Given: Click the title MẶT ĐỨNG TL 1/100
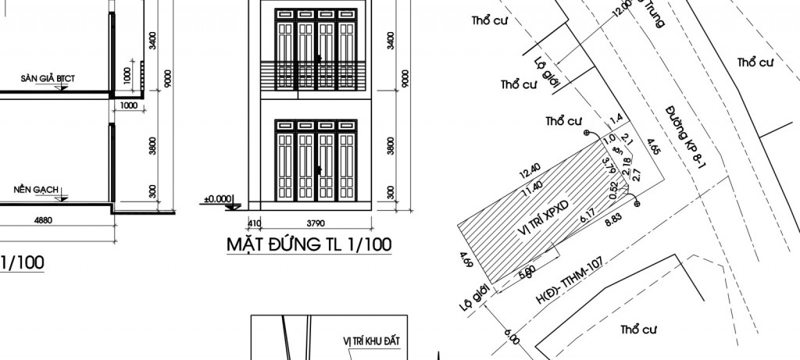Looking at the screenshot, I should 309,245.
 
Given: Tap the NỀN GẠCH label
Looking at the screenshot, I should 37,190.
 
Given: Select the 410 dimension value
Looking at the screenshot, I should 255,222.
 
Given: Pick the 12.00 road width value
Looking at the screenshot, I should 623,9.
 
